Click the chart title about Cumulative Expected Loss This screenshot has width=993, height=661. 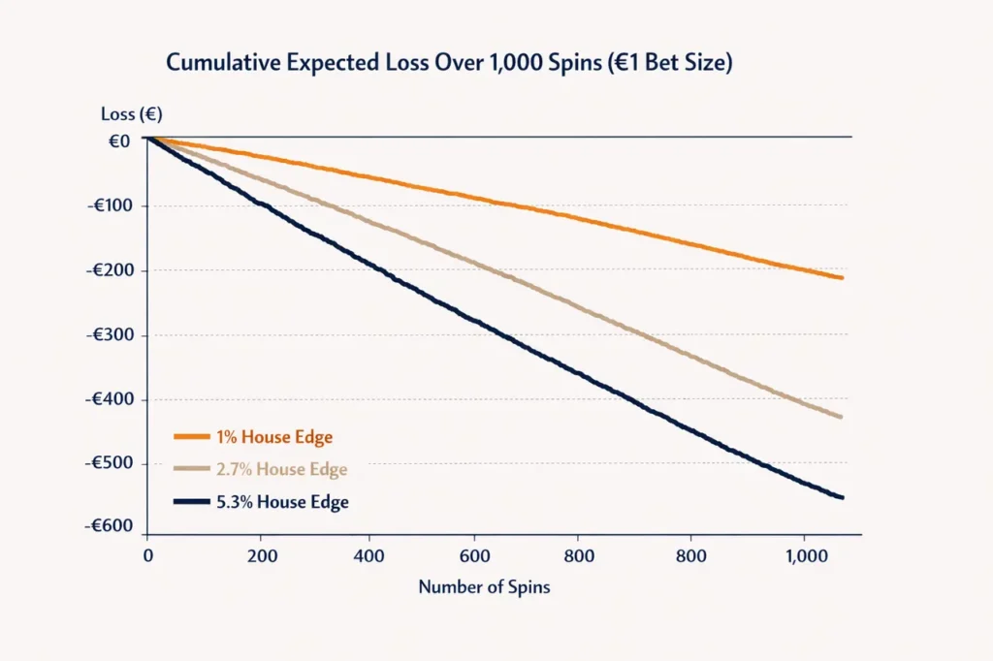coord(449,63)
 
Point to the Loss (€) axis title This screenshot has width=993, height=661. coord(132,114)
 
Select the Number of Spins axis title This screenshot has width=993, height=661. coord(485,587)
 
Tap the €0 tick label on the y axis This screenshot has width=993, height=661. coord(119,142)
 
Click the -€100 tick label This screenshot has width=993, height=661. coord(110,205)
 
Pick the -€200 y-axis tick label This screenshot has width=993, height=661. coord(110,270)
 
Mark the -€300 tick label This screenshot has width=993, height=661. coord(110,335)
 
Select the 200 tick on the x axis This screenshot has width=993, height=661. coord(262,556)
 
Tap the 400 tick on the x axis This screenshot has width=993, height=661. coord(368,556)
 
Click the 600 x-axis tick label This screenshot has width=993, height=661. coord(475,556)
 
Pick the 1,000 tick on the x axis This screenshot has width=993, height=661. coord(807,556)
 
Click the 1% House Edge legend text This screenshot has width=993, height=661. coord(274,437)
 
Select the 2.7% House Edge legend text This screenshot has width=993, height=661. coord(282,469)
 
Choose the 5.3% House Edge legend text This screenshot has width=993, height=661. coord(282,502)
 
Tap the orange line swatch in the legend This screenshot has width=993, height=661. coord(192,437)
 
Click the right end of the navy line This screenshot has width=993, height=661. coord(843,497)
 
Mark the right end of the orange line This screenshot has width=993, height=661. coord(842,277)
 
